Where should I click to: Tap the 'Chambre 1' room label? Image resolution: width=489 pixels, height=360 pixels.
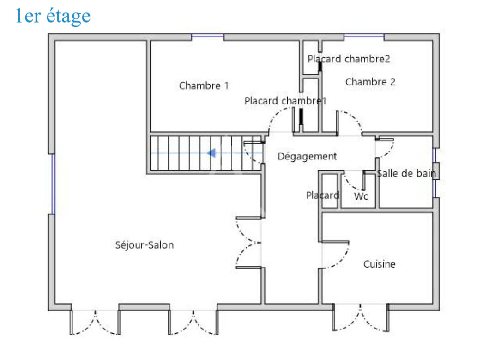tap(204, 85)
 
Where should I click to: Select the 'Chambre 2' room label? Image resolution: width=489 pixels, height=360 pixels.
tap(370, 82)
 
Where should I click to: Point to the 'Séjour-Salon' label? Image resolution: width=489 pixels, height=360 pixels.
tap(145, 245)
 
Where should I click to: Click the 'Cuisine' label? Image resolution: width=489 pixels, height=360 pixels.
tap(379, 264)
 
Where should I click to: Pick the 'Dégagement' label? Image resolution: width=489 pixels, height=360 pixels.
tap(307, 156)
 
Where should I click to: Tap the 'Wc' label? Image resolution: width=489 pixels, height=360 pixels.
tap(361, 196)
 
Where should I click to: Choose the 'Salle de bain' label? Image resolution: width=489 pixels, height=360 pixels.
tap(406, 173)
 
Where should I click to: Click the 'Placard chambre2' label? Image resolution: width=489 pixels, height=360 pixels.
tap(349, 59)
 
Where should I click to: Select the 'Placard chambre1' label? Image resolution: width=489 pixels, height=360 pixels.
tap(285, 101)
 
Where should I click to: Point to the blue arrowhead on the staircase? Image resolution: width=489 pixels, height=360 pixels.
tap(211, 153)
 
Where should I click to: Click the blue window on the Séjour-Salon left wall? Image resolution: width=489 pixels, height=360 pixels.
tap(53, 184)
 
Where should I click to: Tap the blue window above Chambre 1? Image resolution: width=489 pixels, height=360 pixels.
tap(207, 37)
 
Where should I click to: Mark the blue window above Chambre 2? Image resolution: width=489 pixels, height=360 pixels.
tap(364, 37)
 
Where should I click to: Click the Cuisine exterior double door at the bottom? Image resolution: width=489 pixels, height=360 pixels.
tap(361, 317)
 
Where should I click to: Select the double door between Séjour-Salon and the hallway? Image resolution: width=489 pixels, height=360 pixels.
tap(248, 242)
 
